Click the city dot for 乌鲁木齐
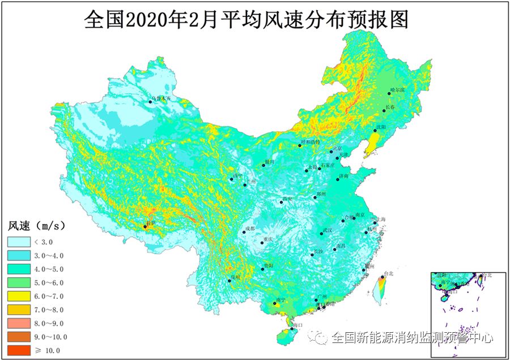pyautogui.click(x=151, y=101)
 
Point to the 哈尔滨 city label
pyautogui.click(x=398, y=91)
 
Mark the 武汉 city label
pyautogui.click(x=327, y=230)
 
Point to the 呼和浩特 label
pyautogui.click(x=311, y=142)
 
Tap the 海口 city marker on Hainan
pyautogui.click(x=292, y=328)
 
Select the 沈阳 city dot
pyautogui.click(x=375, y=130)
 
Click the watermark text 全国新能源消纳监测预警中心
pyautogui.click(x=413, y=338)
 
